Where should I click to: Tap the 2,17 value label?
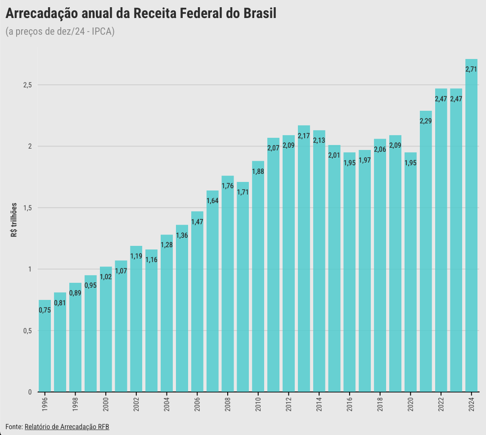pyautogui.click(x=304, y=136)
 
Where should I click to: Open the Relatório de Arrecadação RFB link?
pyautogui.click(x=67, y=426)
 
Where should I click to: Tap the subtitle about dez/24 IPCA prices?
pyautogui.click(x=60, y=32)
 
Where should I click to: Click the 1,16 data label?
pyautogui.click(x=151, y=260)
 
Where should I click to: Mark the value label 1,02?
pyautogui.click(x=106, y=277)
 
